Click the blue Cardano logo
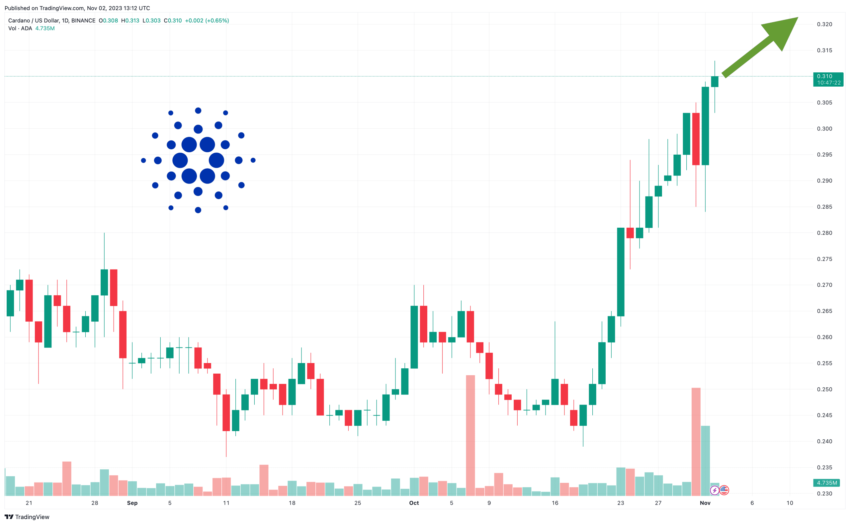click(x=198, y=160)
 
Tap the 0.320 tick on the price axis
click(x=824, y=24)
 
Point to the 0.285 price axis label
click(x=824, y=207)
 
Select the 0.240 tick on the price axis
click(x=824, y=441)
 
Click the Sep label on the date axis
click(x=132, y=503)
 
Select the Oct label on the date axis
click(x=414, y=503)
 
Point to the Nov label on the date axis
click(x=705, y=503)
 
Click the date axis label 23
click(x=620, y=503)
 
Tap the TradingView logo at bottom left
click(x=27, y=517)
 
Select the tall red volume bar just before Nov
click(x=696, y=441)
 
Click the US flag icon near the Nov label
click(x=724, y=490)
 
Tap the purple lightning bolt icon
click(x=714, y=490)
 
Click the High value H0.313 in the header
click(x=130, y=21)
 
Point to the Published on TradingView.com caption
click(x=77, y=8)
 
